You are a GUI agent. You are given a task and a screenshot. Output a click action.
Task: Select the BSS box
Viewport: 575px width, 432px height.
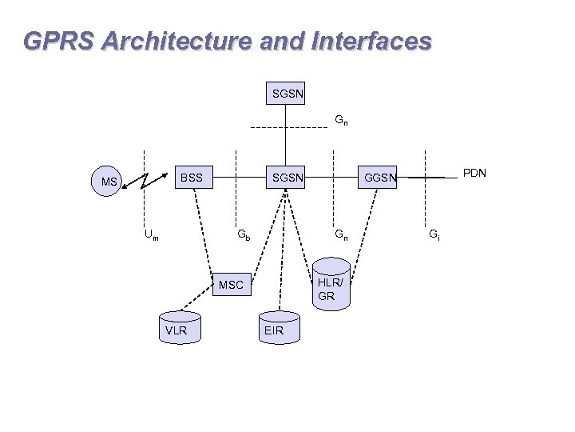pos(192,177)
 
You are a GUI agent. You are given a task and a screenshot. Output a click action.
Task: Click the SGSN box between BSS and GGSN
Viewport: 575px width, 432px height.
pos(287,177)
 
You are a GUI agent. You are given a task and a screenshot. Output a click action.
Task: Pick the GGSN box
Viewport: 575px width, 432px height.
pos(380,177)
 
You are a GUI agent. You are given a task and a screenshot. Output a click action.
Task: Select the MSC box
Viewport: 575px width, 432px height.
pos(231,284)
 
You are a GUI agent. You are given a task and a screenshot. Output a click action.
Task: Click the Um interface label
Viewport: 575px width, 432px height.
pos(151,235)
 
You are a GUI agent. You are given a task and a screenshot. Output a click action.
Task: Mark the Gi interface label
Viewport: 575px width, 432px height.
pos(433,235)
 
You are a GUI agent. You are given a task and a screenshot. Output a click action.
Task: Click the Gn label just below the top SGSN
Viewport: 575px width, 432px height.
pos(340,121)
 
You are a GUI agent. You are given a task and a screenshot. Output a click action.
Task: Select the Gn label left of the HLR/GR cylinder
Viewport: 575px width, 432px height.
pos(340,235)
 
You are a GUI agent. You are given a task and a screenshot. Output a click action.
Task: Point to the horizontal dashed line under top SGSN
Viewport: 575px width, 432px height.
pos(287,128)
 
